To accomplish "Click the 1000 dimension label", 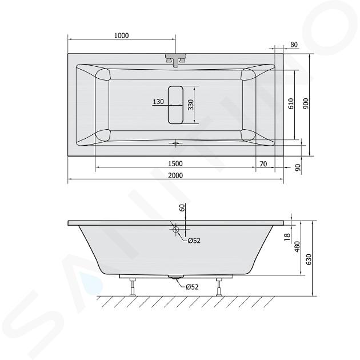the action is pos(122,35).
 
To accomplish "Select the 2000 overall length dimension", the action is pos(175,175).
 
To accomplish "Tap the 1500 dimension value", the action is pos(175,163).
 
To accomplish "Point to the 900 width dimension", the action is pos(306,103).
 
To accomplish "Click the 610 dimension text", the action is pos(291,103).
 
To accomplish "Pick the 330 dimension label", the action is pos(191,105).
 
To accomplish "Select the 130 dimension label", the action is pos(158,102).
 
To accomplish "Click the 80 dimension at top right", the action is pos(294,45).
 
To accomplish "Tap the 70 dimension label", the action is pos(263,164).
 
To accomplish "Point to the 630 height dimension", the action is pos(309,259).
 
